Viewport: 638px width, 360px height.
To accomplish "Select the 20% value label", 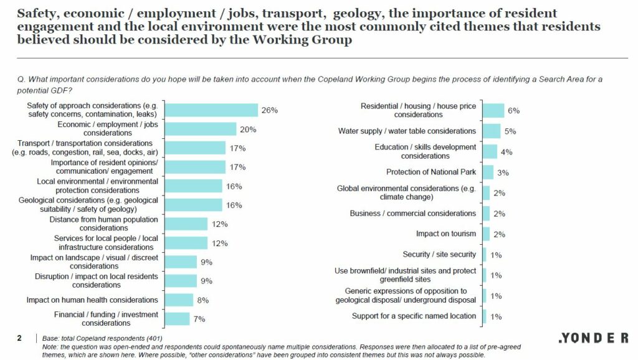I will pos(248,130).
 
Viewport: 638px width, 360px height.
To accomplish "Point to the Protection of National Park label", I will pos(431,172).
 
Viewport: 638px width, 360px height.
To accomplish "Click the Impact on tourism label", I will pos(446,234).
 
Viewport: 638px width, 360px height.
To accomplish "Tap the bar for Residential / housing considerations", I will pos(493,110).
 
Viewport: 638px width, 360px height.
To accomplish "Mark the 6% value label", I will pos(514,111).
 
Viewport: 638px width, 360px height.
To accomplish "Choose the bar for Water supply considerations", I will pos(491,131).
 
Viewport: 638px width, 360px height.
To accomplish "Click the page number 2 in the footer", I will pos(19,338).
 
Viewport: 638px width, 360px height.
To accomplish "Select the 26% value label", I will pos(269,111).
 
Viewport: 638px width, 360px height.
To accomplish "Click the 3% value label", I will pos(503,173).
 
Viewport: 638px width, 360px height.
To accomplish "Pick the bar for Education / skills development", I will pos(490,151).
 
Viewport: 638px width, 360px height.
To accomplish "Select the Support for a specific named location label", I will pos(414,316).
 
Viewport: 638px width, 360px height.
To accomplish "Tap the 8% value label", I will pos(203,300).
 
